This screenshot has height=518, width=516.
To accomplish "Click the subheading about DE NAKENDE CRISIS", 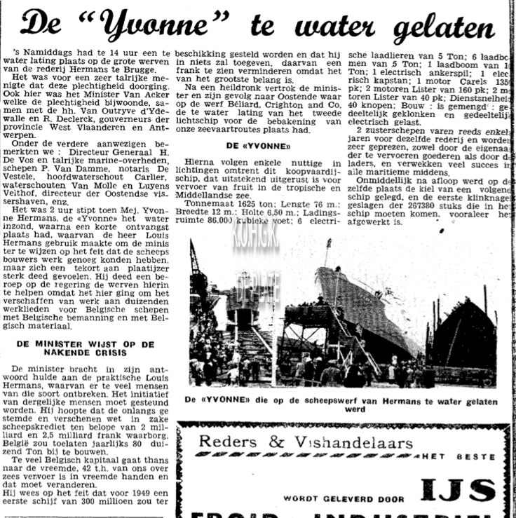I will click(84, 349).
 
